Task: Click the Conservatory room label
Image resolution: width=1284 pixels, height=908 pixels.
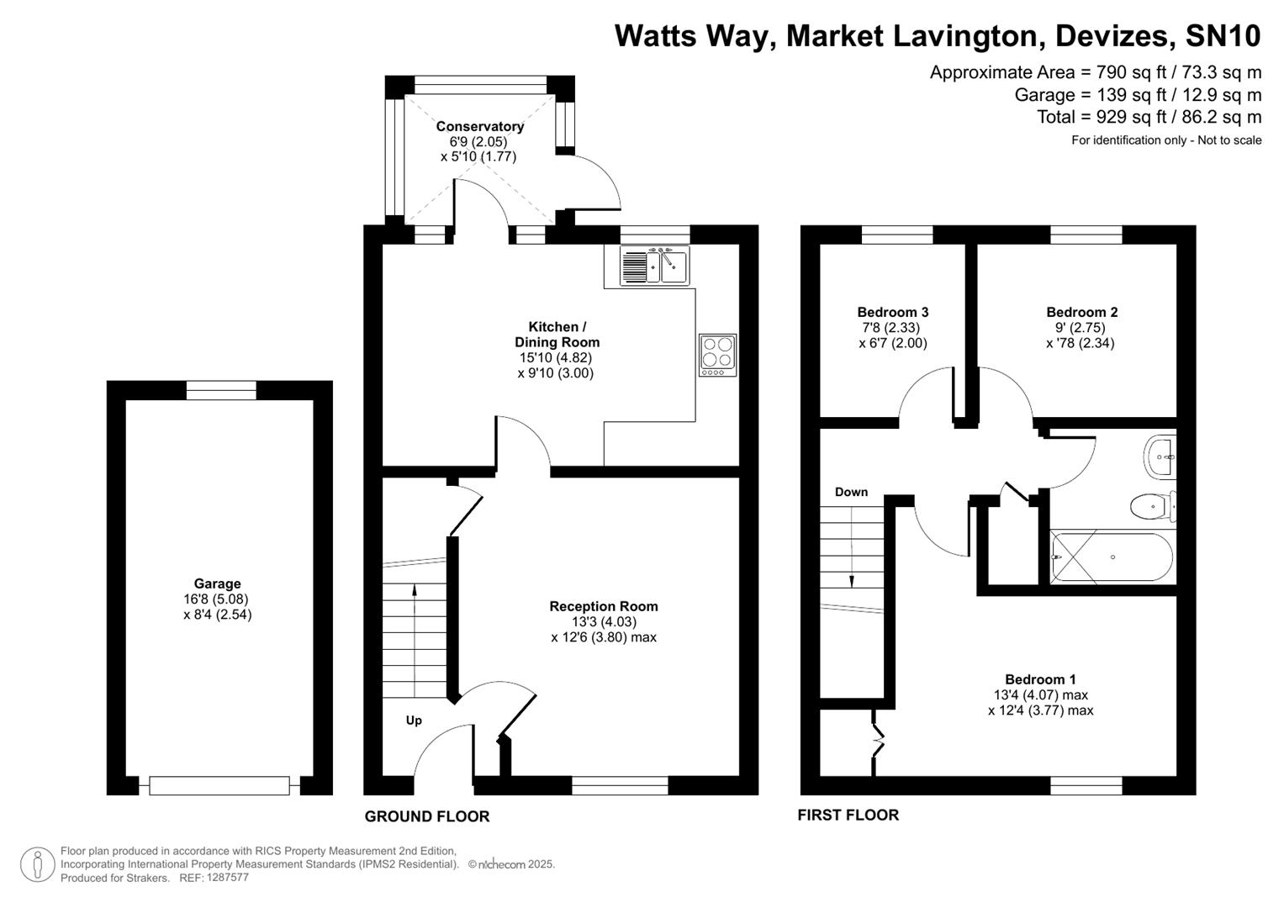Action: (479, 126)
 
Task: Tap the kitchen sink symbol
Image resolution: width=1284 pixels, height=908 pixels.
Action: (654, 266)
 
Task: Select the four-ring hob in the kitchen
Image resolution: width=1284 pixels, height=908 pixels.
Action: (717, 354)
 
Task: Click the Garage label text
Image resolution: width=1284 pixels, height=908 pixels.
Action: (217, 583)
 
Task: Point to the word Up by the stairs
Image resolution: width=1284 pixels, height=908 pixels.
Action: (414, 721)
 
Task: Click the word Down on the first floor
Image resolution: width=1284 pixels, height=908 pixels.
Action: (851, 492)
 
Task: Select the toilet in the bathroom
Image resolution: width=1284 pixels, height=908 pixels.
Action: (1151, 506)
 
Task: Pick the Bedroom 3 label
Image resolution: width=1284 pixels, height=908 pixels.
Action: (892, 312)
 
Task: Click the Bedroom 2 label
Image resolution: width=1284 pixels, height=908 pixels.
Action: (1081, 312)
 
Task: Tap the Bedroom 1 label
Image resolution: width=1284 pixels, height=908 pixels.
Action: (1040, 679)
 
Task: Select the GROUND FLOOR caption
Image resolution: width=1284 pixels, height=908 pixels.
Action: (426, 816)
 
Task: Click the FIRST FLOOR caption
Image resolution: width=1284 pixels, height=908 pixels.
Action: (848, 815)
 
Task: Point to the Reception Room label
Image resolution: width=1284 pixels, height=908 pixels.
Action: (603, 606)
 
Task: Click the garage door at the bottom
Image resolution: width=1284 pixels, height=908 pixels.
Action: (219, 786)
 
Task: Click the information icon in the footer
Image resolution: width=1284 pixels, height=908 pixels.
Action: (37, 864)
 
